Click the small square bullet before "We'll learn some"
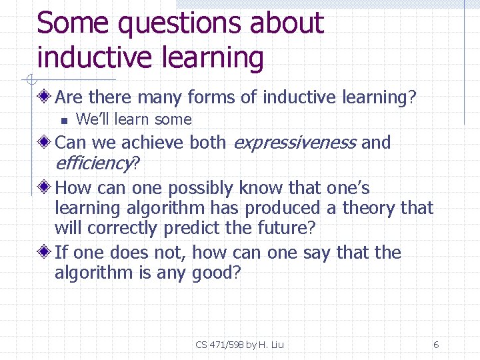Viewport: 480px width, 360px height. (x=63, y=121)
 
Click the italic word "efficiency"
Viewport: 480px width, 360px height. (x=93, y=163)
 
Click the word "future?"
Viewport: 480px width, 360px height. (x=285, y=229)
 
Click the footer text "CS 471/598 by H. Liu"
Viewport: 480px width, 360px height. (x=240, y=345)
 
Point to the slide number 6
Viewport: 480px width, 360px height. (x=436, y=345)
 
